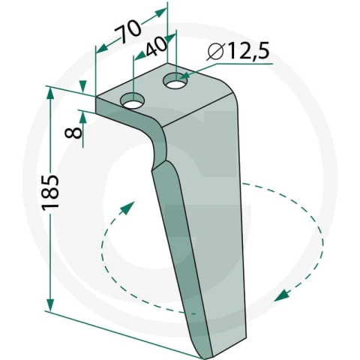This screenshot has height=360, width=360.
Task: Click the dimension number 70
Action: click(127, 31)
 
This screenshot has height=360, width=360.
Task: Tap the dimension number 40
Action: click(157, 46)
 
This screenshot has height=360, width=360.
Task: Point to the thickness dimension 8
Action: click(73, 132)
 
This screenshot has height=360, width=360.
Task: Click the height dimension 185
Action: click(50, 192)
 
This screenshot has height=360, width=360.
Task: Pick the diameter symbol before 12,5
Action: click(215, 52)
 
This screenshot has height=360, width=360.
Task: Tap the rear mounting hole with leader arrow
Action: click(175, 80)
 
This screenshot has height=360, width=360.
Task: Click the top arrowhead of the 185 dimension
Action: click(50, 94)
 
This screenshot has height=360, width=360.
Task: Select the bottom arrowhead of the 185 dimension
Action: click(50, 304)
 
